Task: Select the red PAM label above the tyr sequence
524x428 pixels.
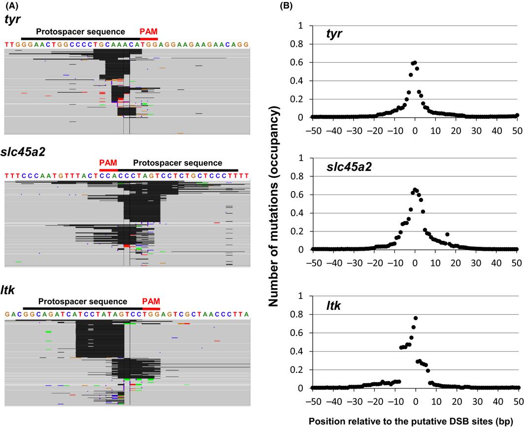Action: click(x=149, y=31)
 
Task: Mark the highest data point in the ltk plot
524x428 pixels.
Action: click(x=416, y=318)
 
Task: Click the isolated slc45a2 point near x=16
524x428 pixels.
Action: click(x=447, y=234)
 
